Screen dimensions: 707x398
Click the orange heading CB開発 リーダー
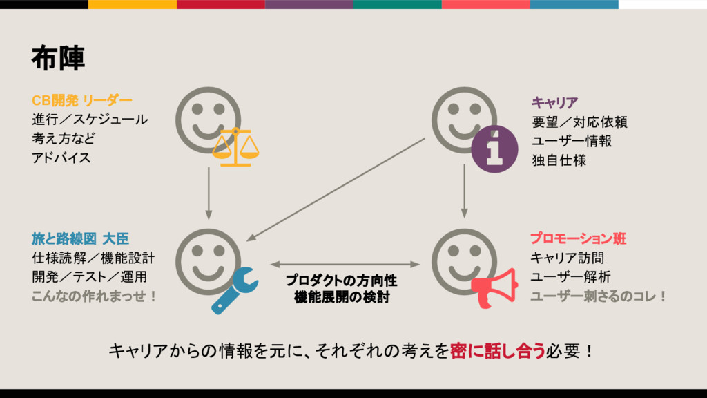coord(81,101)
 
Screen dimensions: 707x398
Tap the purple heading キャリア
coord(554,104)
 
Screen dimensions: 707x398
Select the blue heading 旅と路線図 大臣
coord(80,239)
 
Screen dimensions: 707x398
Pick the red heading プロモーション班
coord(578,239)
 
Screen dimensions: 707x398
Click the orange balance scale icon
coord(235,147)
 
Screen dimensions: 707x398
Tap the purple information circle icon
coord(494,150)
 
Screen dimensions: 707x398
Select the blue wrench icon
coord(235,291)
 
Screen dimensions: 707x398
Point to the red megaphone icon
coord(494,289)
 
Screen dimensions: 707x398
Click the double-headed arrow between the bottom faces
coord(345,264)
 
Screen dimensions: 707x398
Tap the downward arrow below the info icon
coord(464,190)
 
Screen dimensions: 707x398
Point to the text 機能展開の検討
coord(341,298)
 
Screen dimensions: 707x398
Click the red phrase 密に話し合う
coord(497,351)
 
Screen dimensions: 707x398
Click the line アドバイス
coord(61,158)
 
